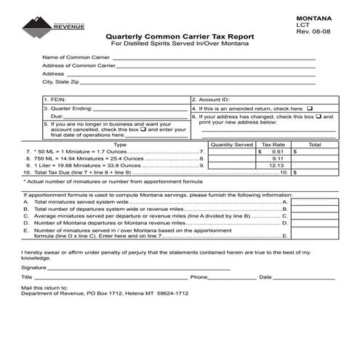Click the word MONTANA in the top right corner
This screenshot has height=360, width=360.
tap(314, 16)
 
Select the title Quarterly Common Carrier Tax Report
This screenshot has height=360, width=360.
tap(180, 36)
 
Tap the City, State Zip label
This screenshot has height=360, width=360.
tap(63, 82)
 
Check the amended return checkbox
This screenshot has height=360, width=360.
tap(310, 108)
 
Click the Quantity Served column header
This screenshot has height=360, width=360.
tap(232, 145)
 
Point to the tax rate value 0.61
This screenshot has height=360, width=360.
tap(277, 152)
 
